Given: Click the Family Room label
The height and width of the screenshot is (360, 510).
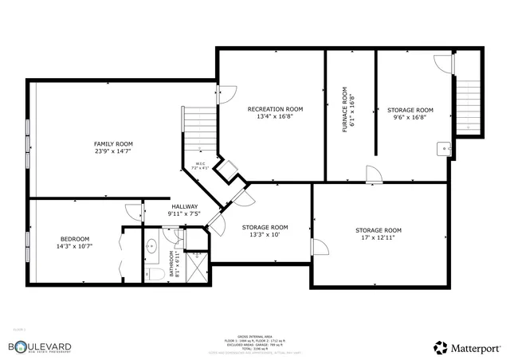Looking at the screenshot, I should (113, 147).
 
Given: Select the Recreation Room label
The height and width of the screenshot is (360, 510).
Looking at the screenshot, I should (275, 112).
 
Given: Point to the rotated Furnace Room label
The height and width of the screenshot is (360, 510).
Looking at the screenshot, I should (349, 112).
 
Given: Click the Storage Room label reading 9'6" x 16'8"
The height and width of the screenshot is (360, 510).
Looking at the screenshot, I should (410, 113).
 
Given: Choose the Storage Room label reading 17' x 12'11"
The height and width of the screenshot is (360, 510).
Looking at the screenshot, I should (378, 234).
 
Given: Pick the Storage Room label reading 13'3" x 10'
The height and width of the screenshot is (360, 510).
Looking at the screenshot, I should (265, 231).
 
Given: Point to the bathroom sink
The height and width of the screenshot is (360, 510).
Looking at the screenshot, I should (151, 246).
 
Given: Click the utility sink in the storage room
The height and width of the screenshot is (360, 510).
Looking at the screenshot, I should (443, 149).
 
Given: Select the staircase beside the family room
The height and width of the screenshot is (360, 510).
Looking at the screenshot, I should (201, 127).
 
